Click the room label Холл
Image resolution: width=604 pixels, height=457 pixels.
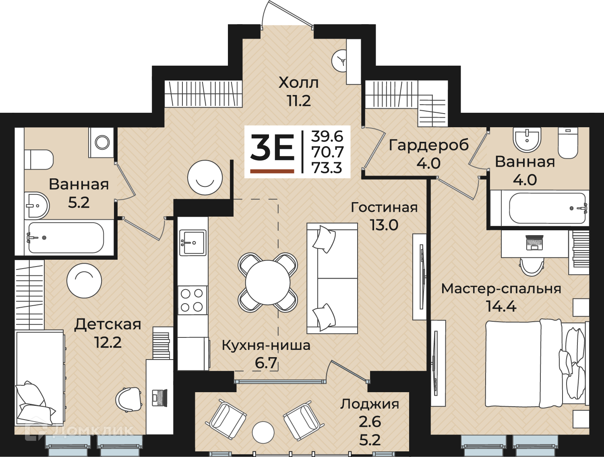coord(298,83)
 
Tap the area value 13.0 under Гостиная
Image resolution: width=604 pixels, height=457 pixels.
coord(384,225)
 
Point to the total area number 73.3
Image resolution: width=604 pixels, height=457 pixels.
coord(327,167)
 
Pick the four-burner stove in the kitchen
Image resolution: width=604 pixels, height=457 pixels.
coord(192,300)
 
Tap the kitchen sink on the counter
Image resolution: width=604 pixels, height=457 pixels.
coord(192,242)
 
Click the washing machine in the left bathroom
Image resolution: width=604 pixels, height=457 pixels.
coord(101,143)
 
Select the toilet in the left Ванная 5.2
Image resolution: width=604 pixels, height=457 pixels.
coord(39,159)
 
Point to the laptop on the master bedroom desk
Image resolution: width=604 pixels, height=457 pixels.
coord(534,242)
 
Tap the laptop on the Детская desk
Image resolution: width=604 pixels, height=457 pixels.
coord(159,398)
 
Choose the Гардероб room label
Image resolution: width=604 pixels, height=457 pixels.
coord(429,145)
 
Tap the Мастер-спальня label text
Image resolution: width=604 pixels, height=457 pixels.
coord(501,289)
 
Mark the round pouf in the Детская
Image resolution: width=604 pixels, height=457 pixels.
coord(84,281)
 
